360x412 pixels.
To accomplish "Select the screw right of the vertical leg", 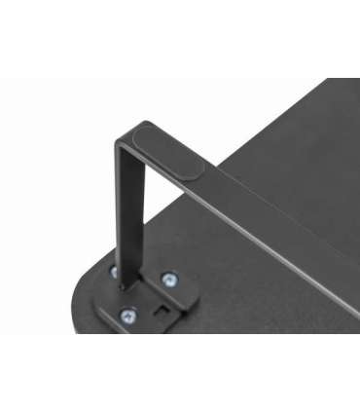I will point(169,280).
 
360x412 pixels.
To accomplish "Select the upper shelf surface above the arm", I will point(292,146).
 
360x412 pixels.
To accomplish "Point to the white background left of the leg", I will point(58,195).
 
